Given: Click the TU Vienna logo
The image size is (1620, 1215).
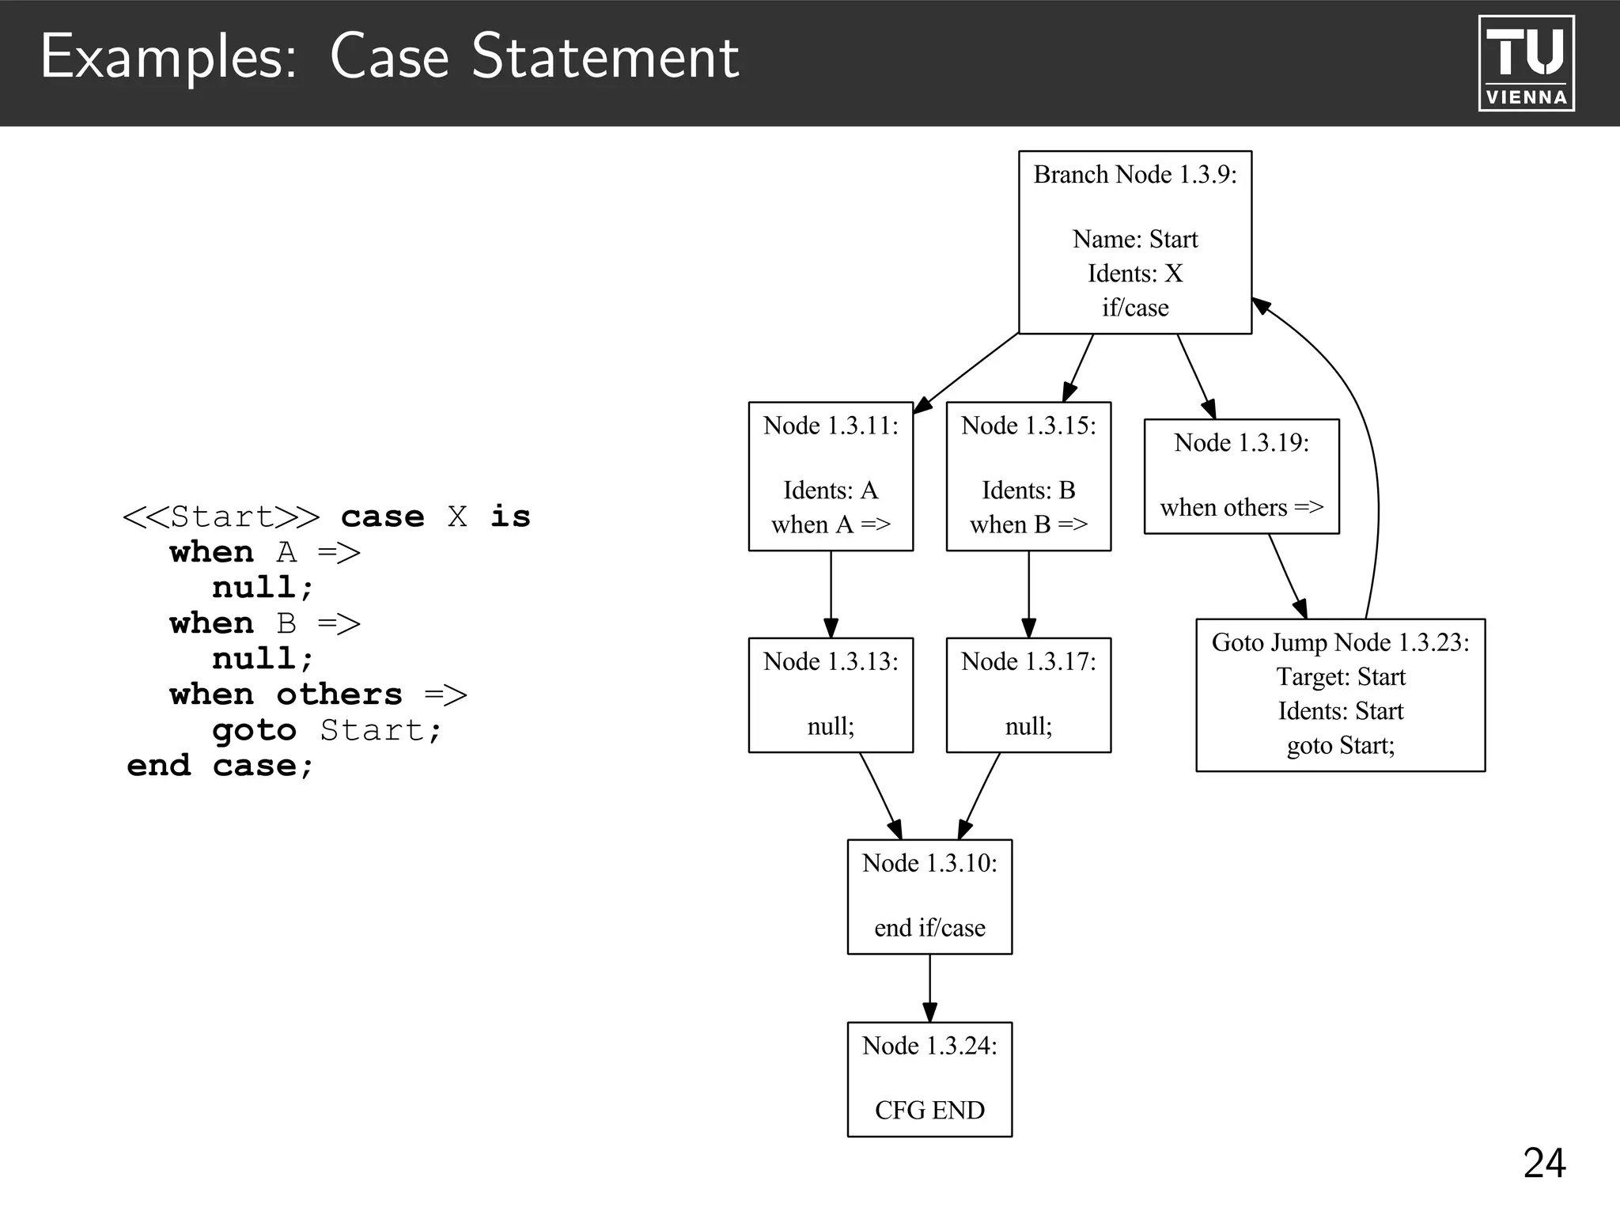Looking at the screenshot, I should tap(1526, 63).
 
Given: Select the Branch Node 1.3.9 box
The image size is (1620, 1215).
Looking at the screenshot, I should tap(1134, 242).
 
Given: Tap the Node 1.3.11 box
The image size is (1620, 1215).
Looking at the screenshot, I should tap(831, 476).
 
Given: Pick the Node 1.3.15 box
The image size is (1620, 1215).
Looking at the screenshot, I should tap(1028, 476).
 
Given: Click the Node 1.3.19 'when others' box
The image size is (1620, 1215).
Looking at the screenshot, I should tap(1241, 476).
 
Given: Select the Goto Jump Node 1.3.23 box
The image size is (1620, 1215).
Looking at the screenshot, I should tap(1340, 695).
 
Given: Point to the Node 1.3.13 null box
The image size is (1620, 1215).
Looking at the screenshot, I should tap(831, 695).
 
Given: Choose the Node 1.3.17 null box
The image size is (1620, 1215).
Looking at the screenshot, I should tap(1028, 695).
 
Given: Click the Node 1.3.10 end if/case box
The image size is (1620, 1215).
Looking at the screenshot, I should tap(929, 896).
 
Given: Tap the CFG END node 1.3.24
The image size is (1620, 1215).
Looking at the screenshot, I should tap(929, 1079).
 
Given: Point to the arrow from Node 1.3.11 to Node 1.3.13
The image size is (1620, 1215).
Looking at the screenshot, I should tap(831, 593).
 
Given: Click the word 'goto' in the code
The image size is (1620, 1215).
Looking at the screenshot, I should tap(254, 730).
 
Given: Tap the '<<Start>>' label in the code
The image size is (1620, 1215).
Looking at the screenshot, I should tap(221, 517).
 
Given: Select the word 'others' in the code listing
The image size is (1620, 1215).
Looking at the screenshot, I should tap(339, 695).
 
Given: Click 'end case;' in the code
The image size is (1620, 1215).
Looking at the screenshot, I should tap(220, 766).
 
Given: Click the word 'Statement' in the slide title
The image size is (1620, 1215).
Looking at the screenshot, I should tap(605, 57).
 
